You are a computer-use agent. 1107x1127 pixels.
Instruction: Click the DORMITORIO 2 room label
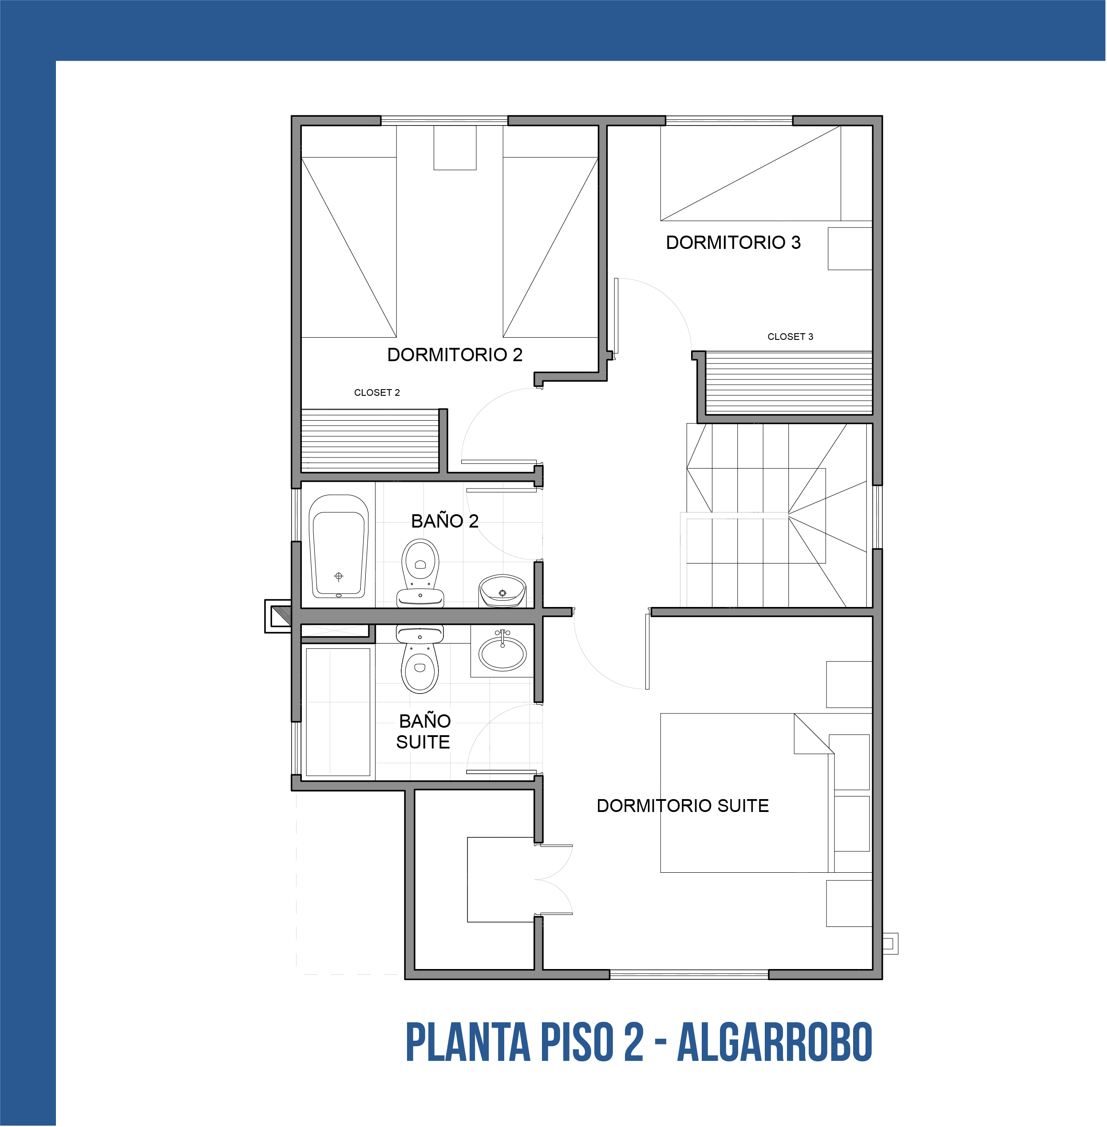[x=455, y=355]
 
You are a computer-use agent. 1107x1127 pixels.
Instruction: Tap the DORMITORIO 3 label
[x=733, y=242]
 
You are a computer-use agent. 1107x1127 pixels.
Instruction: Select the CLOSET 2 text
[x=377, y=392]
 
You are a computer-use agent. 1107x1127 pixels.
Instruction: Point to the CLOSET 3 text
[x=790, y=336]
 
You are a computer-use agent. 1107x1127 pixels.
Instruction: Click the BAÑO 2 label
[x=445, y=521]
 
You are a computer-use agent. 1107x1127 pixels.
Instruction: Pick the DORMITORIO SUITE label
[x=683, y=806]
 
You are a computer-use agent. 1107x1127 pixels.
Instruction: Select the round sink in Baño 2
[x=502, y=591]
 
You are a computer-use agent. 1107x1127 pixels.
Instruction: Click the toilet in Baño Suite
[x=420, y=659]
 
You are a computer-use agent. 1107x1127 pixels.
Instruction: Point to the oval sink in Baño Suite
[x=502, y=653]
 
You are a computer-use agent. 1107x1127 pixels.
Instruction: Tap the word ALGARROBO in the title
[x=775, y=1042]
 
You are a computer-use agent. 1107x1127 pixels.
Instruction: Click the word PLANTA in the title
[x=468, y=1042]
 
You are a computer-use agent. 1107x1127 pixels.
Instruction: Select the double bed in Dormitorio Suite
[x=747, y=793]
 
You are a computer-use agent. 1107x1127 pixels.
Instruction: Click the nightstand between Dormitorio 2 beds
[x=455, y=148]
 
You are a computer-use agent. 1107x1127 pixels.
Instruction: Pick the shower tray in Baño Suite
[x=338, y=712]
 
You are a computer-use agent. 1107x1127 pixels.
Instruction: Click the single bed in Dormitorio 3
[x=751, y=173]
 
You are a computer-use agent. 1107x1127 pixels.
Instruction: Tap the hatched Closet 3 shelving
[x=788, y=382]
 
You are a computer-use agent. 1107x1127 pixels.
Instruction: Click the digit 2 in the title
[x=634, y=1042]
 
